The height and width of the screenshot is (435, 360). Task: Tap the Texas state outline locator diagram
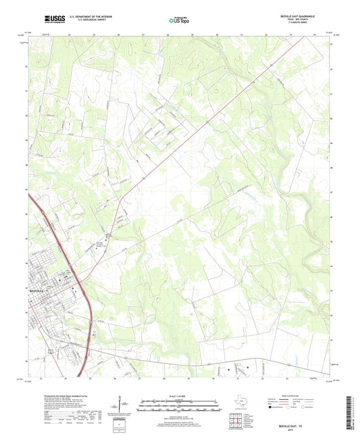pyautogui.click(x=240, y=405)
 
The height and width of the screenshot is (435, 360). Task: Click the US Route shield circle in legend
pyautogui.click(x=292, y=407)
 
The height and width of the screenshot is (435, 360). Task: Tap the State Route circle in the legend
pyautogui.click(x=312, y=407)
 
